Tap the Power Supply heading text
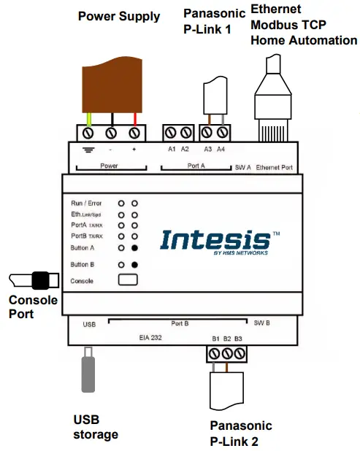[x=119, y=16]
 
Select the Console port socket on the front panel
[x=129, y=280]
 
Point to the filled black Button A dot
[x=135, y=248]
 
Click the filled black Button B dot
[x=135, y=264]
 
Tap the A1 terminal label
[x=171, y=149]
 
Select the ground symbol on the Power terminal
[x=89, y=149]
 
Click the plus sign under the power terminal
[x=134, y=149]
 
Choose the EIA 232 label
[x=151, y=339]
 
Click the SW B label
[x=261, y=322]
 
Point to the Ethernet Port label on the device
[x=275, y=167]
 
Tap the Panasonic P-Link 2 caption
[x=241, y=433]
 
